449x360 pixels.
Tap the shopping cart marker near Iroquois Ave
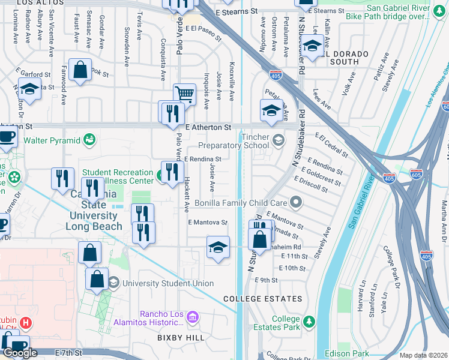pos(184,94)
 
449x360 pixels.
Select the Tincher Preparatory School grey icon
pos(278,140)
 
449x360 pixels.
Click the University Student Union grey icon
pos(113,283)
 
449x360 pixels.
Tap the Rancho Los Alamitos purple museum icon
pos(193,317)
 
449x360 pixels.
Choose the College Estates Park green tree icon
pos(309,322)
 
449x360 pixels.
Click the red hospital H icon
pos(25,323)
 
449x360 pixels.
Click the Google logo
pos(20,353)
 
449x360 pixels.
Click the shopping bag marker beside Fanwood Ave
pos(80,70)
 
